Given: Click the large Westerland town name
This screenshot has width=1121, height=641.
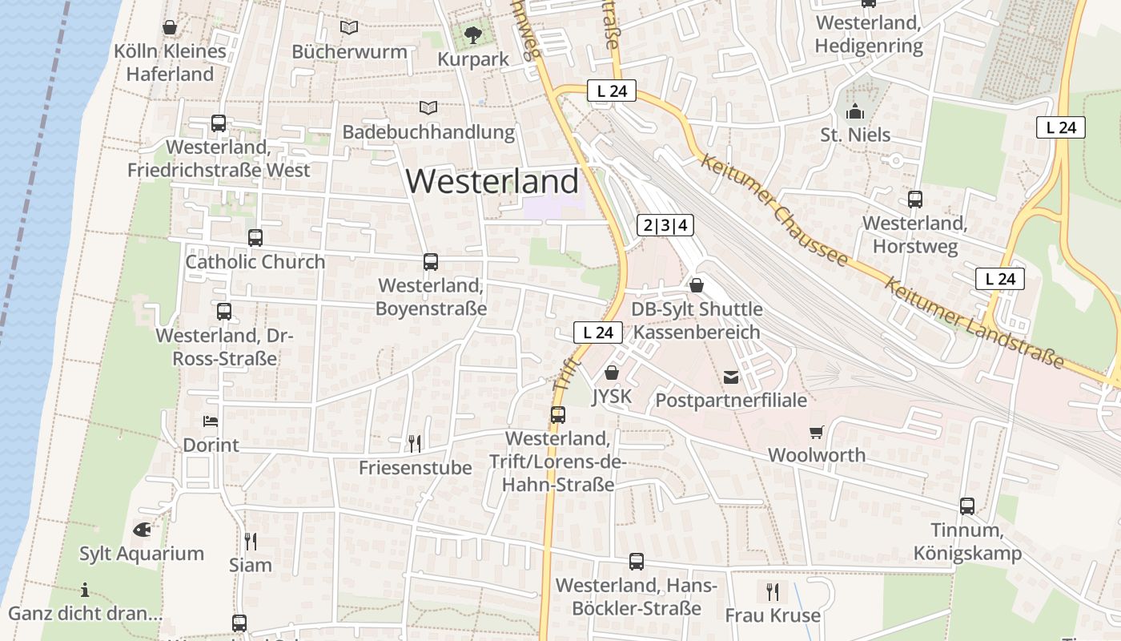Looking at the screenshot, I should point(492,181).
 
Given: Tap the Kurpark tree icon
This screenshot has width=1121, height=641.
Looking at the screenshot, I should point(473,34).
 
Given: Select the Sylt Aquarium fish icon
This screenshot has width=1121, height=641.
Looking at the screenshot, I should point(142,530).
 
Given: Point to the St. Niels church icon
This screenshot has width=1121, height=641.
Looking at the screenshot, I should point(855,111).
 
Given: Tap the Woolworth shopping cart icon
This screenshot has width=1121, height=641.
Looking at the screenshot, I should point(816,433).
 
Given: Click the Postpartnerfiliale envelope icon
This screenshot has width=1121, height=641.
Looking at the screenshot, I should point(731,377).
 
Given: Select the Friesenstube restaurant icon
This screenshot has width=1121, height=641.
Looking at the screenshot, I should point(415,444).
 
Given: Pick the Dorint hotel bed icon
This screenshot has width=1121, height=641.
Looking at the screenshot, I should point(211,421).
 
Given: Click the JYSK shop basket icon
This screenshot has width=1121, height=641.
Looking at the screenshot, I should point(612,373).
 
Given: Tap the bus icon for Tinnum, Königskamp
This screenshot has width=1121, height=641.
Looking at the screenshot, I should point(967,506).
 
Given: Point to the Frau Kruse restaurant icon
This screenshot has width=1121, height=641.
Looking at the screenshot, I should point(773,592).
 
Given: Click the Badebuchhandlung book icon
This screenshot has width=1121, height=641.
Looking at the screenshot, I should point(428,107).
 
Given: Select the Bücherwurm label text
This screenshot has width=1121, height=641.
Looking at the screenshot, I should point(349,52).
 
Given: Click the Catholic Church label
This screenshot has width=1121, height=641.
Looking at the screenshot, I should point(255,262).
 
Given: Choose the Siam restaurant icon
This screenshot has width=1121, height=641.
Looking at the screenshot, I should point(251,542).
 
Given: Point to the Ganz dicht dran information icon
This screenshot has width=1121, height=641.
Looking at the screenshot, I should point(85,591).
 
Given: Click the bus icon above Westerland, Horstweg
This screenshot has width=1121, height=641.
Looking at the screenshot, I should point(915,200).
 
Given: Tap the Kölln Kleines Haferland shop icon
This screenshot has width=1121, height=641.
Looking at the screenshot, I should point(170,28).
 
